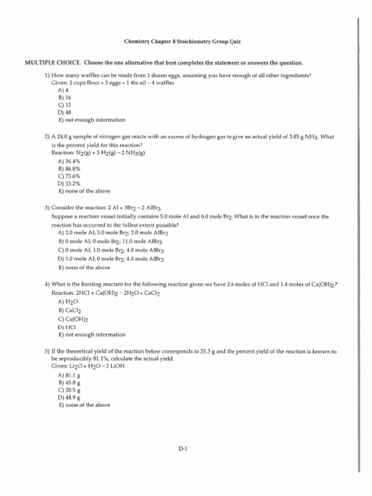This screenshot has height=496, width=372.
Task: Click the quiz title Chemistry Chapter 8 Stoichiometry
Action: (182, 42)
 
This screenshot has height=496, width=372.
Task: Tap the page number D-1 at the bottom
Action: (183, 449)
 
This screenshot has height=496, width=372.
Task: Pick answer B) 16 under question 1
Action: (65, 97)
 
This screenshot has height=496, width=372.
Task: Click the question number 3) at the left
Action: (47, 208)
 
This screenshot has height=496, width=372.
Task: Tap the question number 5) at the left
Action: (47, 351)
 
